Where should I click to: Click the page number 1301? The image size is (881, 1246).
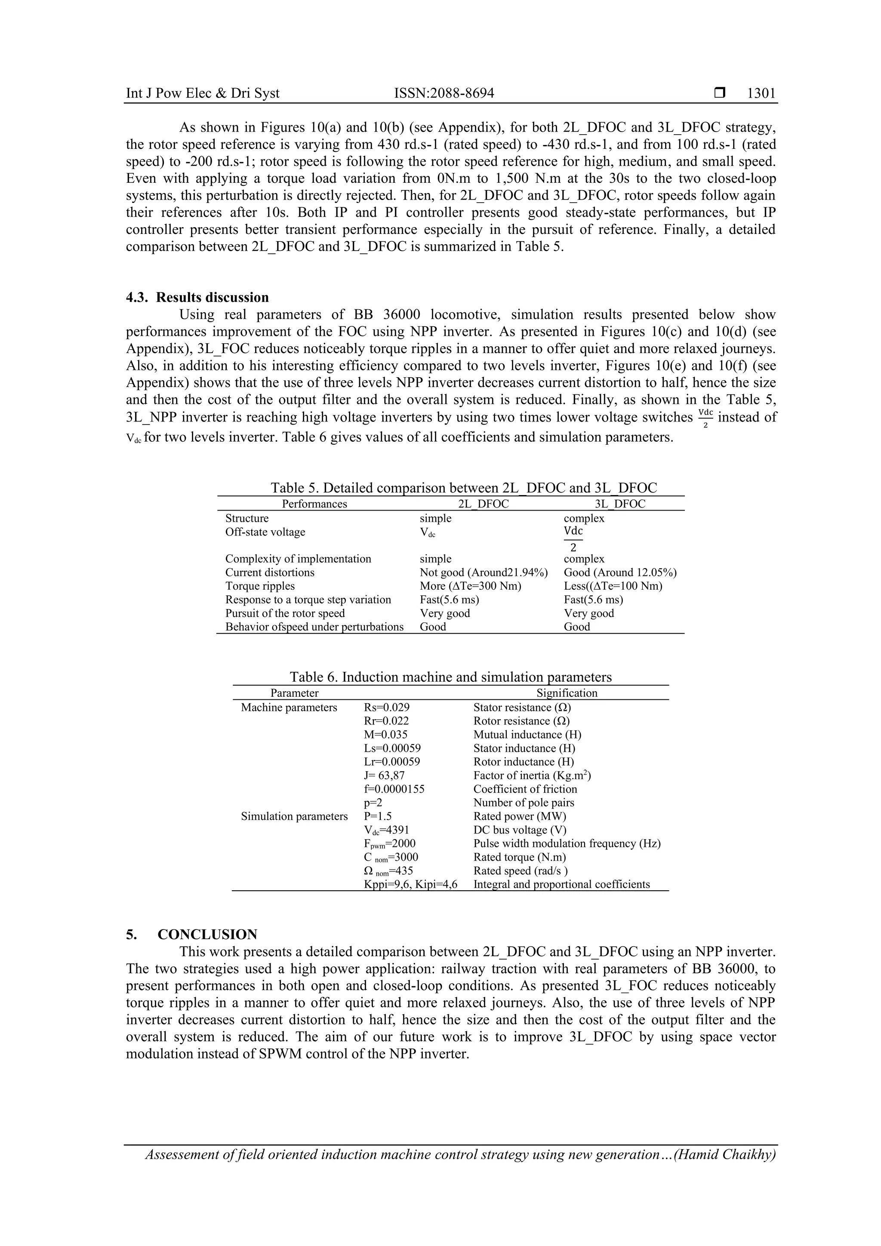coord(761,93)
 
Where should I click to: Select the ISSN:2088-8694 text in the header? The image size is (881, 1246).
coord(444,93)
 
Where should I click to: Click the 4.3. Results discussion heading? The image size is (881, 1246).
coord(197,297)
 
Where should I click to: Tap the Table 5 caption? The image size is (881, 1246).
coord(464,487)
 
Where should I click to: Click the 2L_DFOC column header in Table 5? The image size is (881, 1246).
coord(483,504)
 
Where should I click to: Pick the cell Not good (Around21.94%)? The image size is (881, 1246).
coord(483,572)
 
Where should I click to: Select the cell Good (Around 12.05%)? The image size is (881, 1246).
coord(620,572)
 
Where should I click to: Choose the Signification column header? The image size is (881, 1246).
coord(567,693)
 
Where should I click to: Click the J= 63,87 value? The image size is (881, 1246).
coord(384,775)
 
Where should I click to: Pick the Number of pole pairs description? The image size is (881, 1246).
coord(523,803)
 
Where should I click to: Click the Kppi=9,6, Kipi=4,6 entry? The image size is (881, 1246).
coord(410,884)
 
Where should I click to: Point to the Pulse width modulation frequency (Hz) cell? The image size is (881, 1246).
coord(567,843)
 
